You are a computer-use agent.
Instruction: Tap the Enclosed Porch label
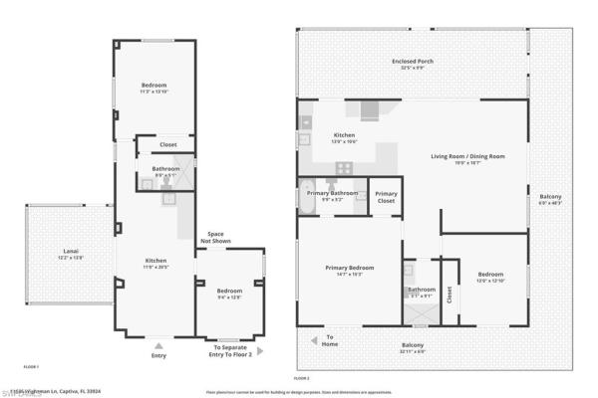(x=411, y=62)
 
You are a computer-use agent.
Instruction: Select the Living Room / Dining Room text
(x=467, y=156)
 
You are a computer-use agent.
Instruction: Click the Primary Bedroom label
(x=349, y=267)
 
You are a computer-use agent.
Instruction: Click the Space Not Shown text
(x=215, y=237)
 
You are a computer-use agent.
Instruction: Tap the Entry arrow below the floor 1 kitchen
(x=158, y=341)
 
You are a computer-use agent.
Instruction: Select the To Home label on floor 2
(x=328, y=339)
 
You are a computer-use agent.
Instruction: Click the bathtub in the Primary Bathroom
(x=306, y=198)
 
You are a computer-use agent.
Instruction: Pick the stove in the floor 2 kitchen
(x=344, y=167)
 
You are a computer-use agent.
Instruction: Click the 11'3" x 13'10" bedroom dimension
(x=153, y=92)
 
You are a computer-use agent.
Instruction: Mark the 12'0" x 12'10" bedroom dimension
(x=490, y=281)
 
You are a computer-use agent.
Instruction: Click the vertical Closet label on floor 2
(x=449, y=294)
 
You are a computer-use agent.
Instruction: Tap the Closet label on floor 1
(x=168, y=144)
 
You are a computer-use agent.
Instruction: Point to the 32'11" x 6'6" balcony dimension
(x=411, y=351)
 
